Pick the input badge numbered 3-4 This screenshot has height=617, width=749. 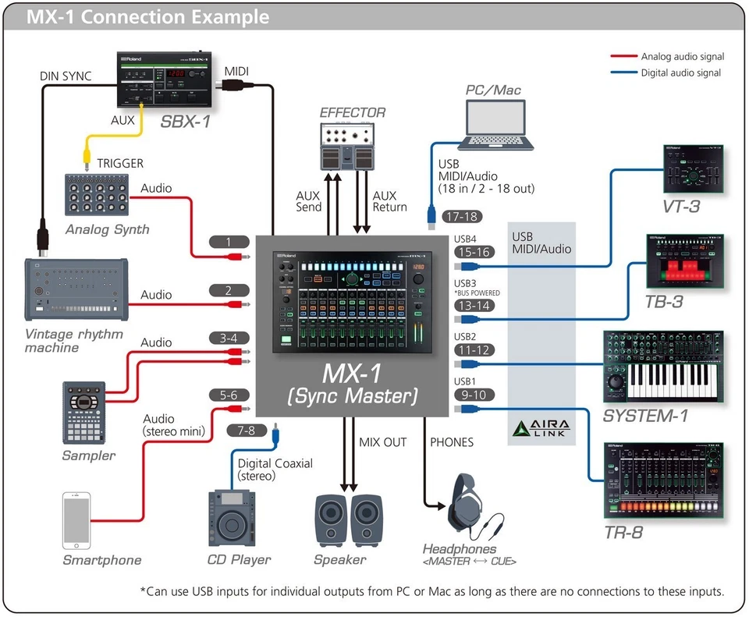(229, 338)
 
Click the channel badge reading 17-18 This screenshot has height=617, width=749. (461, 217)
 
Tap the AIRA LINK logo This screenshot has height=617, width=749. (541, 427)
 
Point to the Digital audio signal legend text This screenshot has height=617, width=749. (680, 73)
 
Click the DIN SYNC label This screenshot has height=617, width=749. (66, 76)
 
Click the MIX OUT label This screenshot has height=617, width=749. (382, 442)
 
